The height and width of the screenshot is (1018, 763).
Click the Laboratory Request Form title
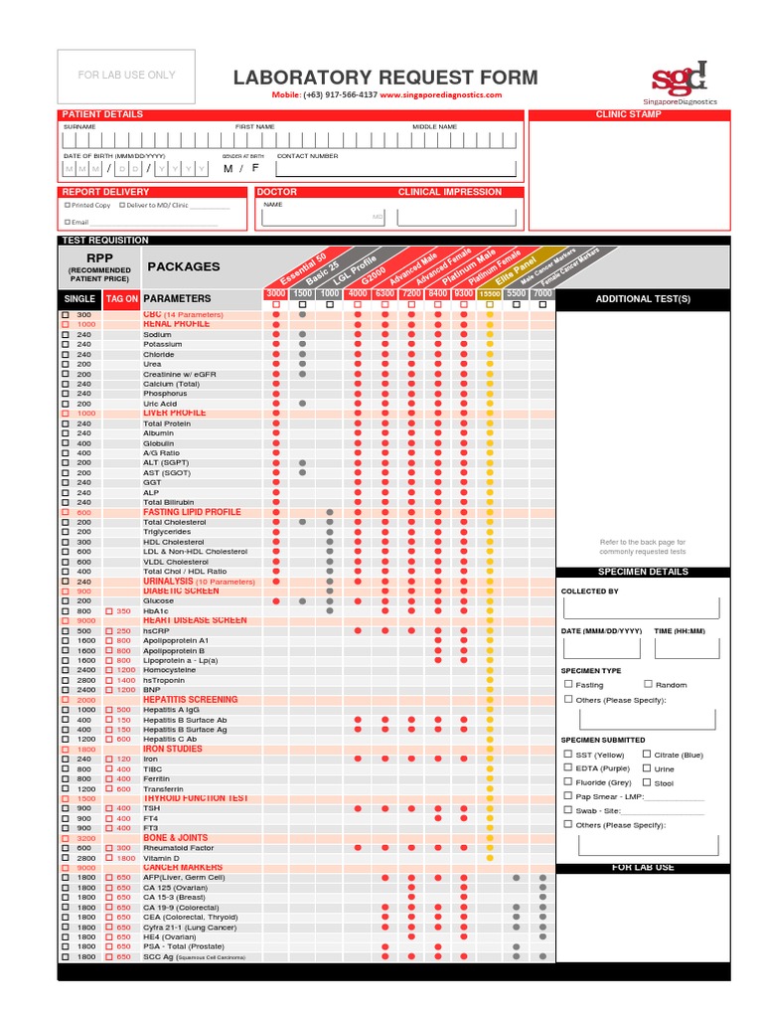385,78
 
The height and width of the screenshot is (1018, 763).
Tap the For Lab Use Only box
126,76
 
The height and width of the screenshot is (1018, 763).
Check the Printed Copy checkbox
68,205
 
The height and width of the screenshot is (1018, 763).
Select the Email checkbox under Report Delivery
68,222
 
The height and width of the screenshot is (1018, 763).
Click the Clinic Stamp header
628,114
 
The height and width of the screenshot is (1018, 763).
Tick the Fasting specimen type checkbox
568,684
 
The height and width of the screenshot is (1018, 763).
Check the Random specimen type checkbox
648,684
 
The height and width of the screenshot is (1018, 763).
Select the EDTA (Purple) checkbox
568,767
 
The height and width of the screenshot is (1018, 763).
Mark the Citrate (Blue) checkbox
647,754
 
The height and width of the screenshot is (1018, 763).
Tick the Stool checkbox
647,782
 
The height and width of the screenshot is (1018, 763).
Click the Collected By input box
639,607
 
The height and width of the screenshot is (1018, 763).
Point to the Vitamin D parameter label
162,858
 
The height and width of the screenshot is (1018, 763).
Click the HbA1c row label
157,610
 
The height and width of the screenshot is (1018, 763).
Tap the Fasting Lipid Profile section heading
192,512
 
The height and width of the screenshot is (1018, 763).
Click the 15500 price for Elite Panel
489,294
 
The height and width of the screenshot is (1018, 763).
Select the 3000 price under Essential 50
275,294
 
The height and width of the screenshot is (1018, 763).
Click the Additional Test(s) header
642,299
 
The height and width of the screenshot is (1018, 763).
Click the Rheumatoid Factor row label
178,848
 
